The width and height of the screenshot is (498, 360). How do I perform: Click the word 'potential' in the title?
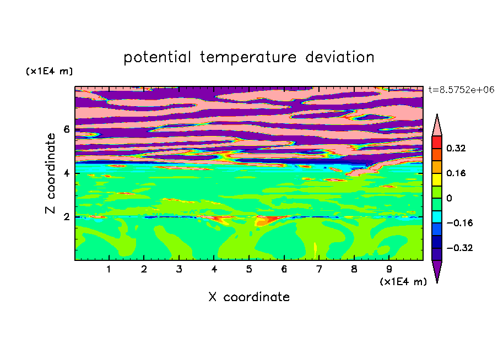pyautogui.click(x=157, y=57)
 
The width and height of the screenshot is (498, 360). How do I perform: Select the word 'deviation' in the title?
pyautogui.click(x=340, y=57)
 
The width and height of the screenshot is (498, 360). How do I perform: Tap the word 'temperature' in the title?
pyautogui.click(x=248, y=57)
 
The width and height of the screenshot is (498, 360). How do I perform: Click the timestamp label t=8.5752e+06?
pyautogui.click(x=461, y=90)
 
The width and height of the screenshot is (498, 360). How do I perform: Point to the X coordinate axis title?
pyautogui.click(x=249, y=297)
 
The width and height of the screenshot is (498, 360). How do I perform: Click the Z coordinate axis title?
pyautogui.click(x=51, y=173)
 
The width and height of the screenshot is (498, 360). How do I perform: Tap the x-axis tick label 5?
pyautogui.click(x=249, y=269)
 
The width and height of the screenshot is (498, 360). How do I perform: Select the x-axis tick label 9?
pyautogui.click(x=389, y=269)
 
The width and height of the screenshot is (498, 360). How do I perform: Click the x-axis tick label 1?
pyautogui.click(x=109, y=269)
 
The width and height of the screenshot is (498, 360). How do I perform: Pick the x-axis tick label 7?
pyautogui.click(x=319, y=269)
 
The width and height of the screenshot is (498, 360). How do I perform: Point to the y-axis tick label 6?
pyautogui.click(x=66, y=129)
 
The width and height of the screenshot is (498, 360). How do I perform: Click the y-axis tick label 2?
pyautogui.click(x=66, y=217)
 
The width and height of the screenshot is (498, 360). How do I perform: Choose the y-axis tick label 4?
pyautogui.click(x=66, y=173)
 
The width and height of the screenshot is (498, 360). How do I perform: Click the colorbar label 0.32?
pyautogui.click(x=456, y=148)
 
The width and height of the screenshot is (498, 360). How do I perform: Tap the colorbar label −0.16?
pyautogui.click(x=459, y=223)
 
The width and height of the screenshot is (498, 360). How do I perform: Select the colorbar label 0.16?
pyautogui.click(x=456, y=173)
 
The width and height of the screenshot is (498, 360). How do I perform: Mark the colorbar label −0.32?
pyautogui.click(x=459, y=248)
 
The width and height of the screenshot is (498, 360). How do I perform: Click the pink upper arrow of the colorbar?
pyautogui.click(x=437, y=127)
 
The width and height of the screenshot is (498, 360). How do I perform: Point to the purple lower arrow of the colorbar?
pyautogui.click(x=437, y=269)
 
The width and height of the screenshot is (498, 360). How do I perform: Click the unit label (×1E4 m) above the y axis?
pyautogui.click(x=49, y=71)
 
